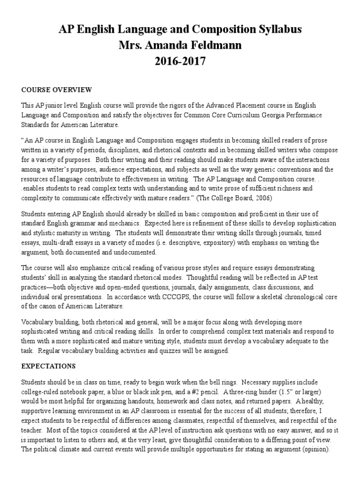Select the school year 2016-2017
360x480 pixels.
[180, 61]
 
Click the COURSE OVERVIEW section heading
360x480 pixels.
[57, 90]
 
